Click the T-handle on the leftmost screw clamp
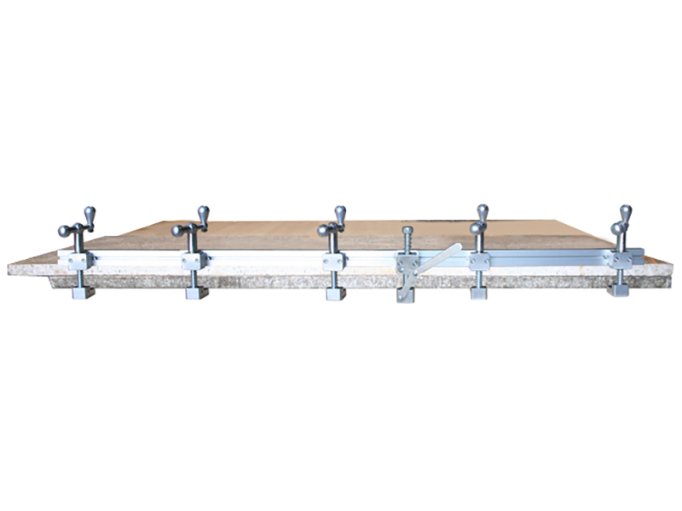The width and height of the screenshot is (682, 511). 78,227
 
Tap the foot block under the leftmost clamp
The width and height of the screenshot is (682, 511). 83,292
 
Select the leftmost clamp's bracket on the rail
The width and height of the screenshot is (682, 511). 81,261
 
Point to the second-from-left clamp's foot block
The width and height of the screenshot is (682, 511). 196,292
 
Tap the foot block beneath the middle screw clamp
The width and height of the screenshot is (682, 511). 335,293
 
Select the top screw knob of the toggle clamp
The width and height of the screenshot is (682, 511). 407,231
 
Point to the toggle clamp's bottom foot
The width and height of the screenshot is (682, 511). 405,295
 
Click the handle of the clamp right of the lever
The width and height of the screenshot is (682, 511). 479,223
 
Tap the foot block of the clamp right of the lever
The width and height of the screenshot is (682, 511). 478,292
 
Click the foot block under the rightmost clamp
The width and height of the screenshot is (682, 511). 618,290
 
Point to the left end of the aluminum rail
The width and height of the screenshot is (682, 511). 62,256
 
